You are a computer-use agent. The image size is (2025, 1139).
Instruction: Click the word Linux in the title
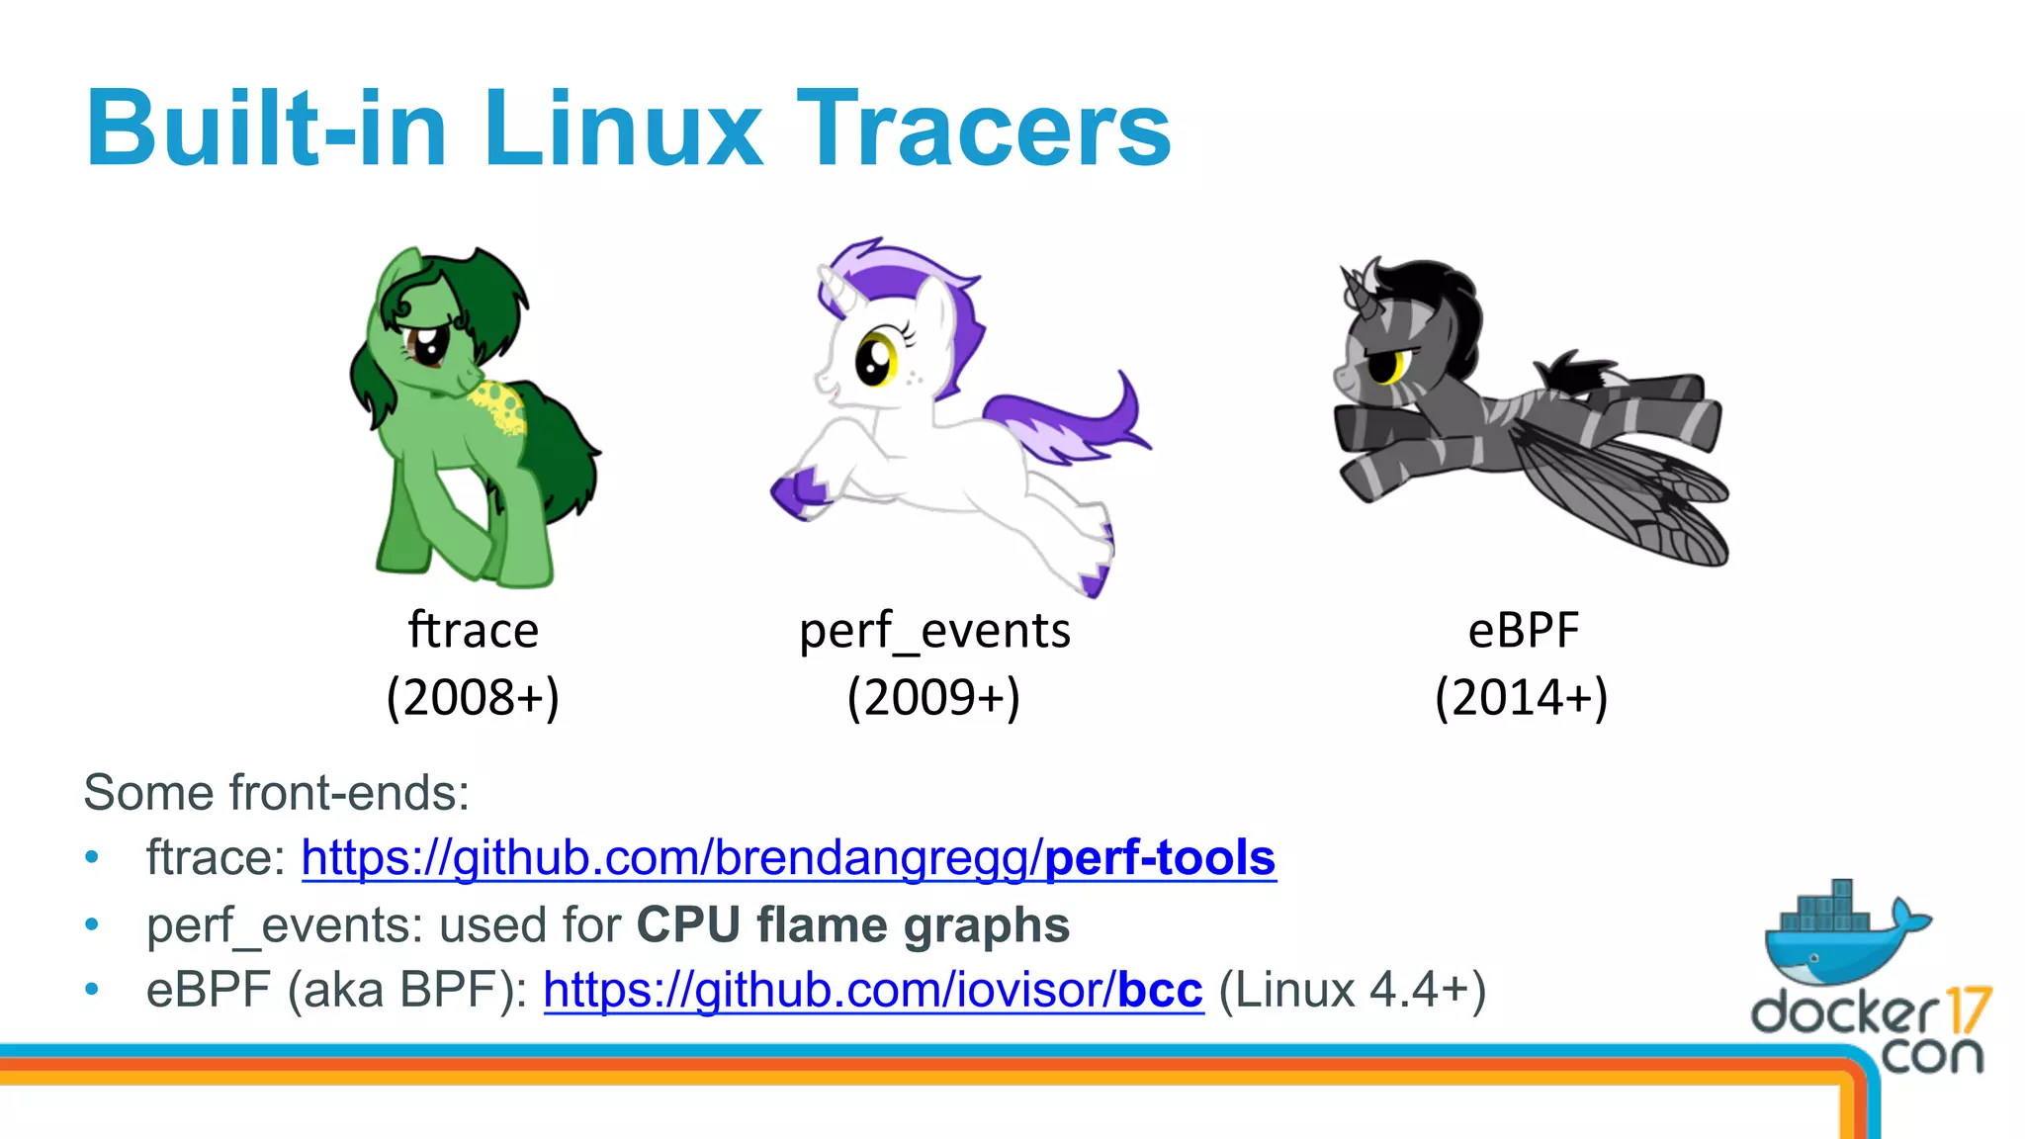click(x=623, y=129)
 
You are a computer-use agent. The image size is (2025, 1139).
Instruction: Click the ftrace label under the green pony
click(x=474, y=631)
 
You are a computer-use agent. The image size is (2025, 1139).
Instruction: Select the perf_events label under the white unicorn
click(x=934, y=631)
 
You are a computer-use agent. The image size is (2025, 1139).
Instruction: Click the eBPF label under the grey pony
click(x=1523, y=631)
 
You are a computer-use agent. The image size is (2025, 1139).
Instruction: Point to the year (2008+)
click(x=473, y=698)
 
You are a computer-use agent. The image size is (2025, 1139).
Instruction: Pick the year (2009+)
click(x=933, y=698)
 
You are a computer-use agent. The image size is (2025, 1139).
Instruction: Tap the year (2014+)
click(x=1522, y=698)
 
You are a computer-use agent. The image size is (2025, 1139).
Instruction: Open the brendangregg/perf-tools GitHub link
click(x=788, y=858)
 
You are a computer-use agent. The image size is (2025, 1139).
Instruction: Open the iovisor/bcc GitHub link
click(x=873, y=990)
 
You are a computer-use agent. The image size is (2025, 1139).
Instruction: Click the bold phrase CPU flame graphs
click(x=852, y=925)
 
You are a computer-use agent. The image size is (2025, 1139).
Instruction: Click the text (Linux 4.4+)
click(x=1352, y=990)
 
